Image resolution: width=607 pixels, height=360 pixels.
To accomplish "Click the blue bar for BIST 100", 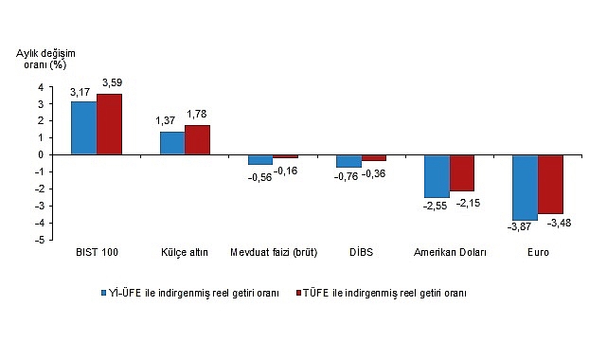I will point(83,128).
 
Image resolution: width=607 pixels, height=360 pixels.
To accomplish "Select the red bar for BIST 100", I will point(109,124).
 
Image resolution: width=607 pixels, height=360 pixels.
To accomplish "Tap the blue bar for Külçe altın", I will point(171,143).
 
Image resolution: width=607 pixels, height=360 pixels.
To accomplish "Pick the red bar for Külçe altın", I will point(197,139).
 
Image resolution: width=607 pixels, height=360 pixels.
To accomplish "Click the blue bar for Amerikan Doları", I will point(437,176).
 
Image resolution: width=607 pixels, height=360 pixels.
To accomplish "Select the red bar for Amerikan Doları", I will point(462,172).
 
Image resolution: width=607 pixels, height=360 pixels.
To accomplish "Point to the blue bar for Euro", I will point(525,188).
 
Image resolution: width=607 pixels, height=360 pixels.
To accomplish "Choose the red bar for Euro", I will point(550,184).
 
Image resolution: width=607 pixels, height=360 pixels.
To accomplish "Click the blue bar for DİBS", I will point(348,161).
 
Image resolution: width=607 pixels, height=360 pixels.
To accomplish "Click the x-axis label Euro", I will point(537,254).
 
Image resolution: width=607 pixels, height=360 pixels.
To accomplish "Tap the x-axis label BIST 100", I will point(96,254).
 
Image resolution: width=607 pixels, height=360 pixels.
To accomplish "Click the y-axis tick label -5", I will point(40,240).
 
